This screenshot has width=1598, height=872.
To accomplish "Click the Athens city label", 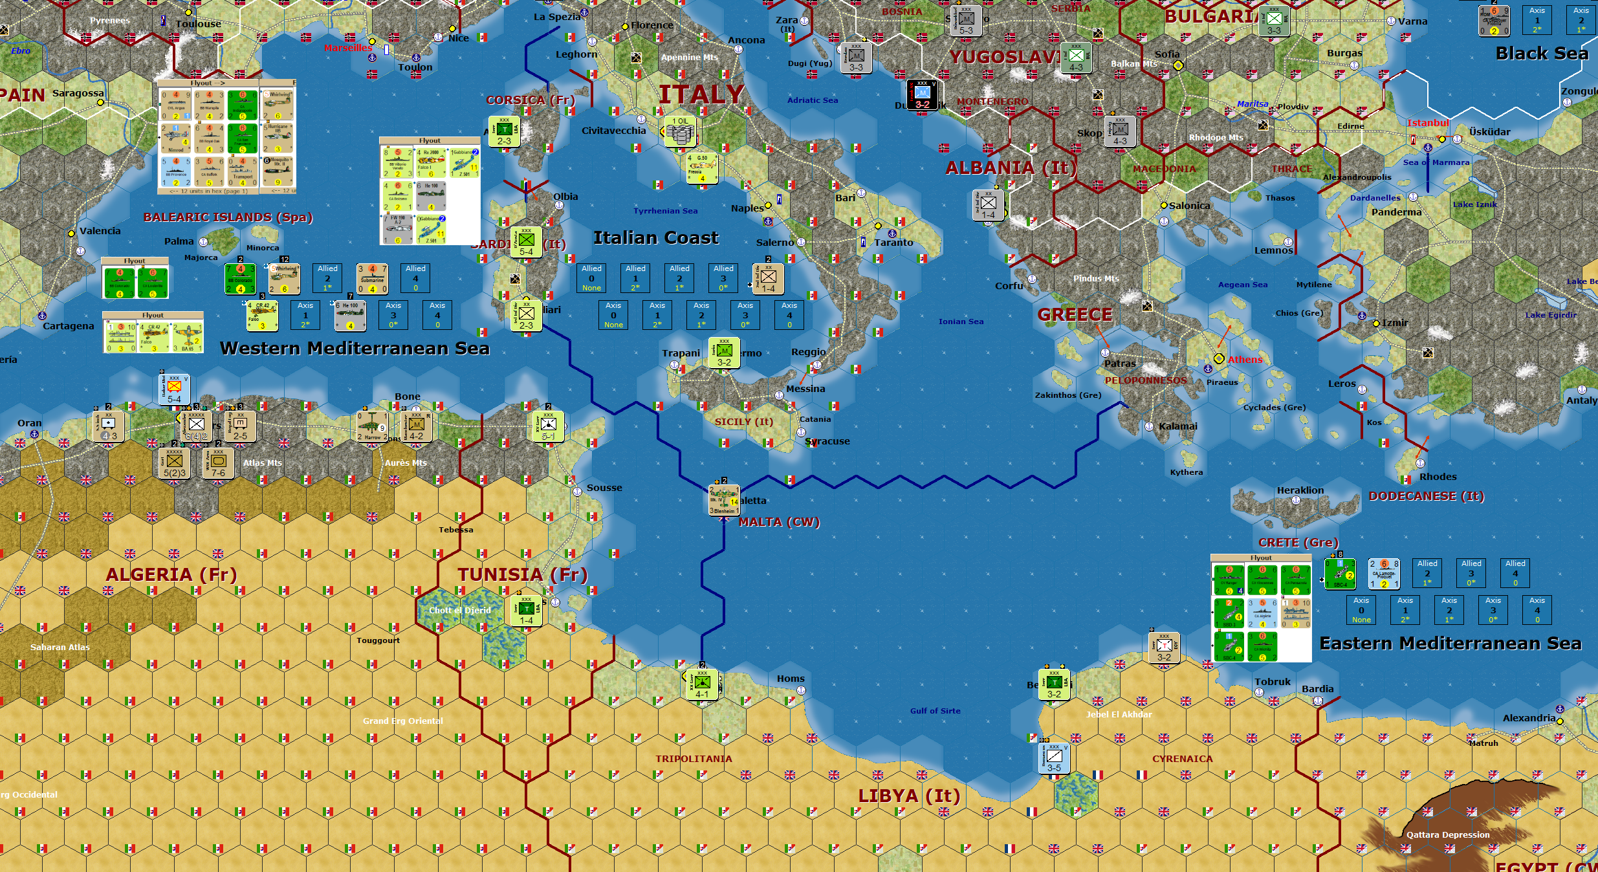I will click(x=1245, y=360).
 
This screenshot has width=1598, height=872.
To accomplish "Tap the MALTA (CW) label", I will click(x=779, y=522).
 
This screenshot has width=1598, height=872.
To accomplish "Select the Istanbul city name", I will click(x=1427, y=123).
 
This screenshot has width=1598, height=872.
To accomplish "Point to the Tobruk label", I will click(x=1272, y=682).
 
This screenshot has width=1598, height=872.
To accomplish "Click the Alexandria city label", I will click(x=1528, y=718).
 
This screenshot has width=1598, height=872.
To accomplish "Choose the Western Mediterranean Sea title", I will click(x=355, y=349).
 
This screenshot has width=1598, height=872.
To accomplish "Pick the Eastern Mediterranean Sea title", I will click(x=1450, y=644).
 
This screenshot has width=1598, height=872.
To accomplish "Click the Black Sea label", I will click(x=1542, y=54).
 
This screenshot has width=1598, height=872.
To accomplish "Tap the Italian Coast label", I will click(x=656, y=238).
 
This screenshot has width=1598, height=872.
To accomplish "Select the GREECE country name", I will click(x=1075, y=315).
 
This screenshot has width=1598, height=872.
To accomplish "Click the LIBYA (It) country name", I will click(x=909, y=796).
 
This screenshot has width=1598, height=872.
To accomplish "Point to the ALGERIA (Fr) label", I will click(x=171, y=574).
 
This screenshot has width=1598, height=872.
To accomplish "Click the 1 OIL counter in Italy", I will click(x=681, y=132).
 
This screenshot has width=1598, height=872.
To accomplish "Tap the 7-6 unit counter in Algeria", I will click(x=218, y=464).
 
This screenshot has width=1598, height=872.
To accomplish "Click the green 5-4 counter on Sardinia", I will click(x=526, y=243).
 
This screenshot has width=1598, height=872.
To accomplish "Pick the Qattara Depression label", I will click(x=1447, y=834).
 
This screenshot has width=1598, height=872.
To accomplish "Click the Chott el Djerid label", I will click(x=459, y=610).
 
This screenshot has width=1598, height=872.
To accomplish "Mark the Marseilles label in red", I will click(x=348, y=48).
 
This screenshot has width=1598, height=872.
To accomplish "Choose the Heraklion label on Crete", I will click(x=1300, y=490).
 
